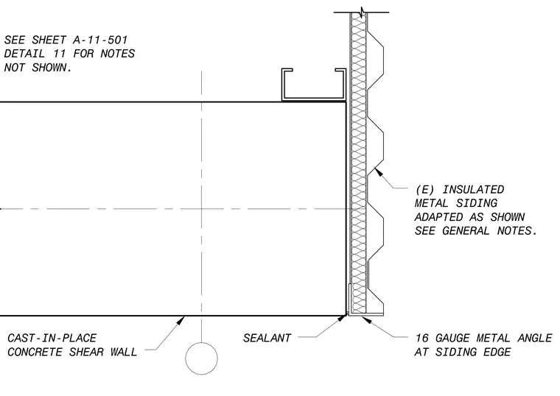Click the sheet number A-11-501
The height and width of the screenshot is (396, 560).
pyautogui.click(x=100, y=40)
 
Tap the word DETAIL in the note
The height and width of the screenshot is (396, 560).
pyautogui.click(x=24, y=54)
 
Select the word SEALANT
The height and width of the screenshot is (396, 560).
pyautogui.click(x=267, y=338)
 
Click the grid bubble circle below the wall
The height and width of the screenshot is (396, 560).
pyautogui.click(x=201, y=358)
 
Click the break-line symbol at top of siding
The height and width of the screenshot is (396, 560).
pyautogui.click(x=363, y=13)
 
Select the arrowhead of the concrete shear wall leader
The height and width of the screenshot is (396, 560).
pyautogui.click(x=181, y=320)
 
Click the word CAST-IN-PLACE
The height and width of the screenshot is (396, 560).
pyautogui.click(x=52, y=338)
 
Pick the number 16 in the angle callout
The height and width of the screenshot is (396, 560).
pyautogui.click(x=421, y=338)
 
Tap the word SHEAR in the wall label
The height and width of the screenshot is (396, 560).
pyautogui.click(x=86, y=352)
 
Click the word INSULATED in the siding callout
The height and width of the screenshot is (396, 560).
pyautogui.click(x=473, y=189)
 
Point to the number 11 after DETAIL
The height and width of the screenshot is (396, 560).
pyautogui.click(x=59, y=54)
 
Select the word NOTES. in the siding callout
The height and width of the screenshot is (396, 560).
pyautogui.click(x=517, y=231)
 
